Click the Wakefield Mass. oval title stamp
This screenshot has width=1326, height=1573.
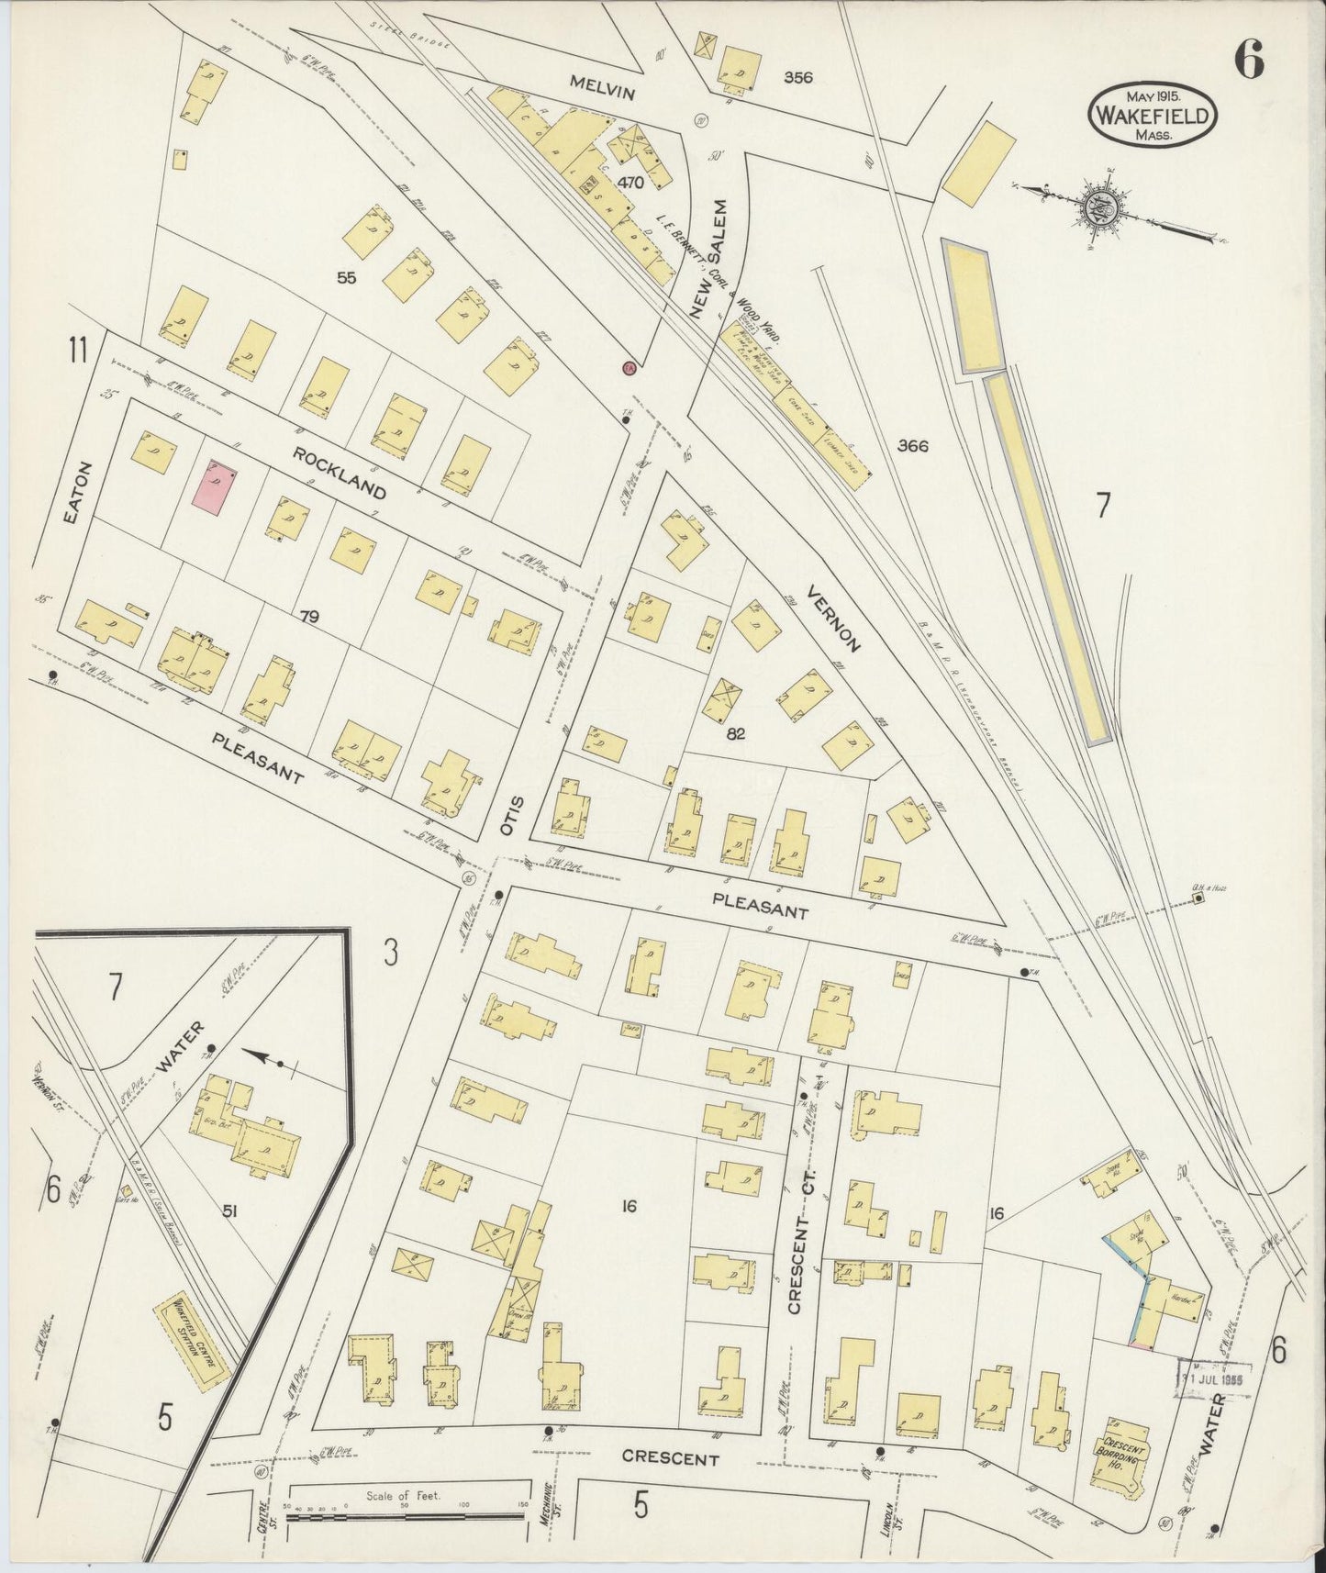click(1153, 114)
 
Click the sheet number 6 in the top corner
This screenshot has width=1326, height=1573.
click(1248, 60)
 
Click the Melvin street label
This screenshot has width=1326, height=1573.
click(602, 92)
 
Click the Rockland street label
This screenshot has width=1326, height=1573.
click(339, 473)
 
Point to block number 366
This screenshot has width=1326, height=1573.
click(913, 447)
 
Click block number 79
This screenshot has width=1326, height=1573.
click(308, 617)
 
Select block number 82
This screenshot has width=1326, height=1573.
click(735, 733)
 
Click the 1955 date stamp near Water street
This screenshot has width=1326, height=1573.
click(1217, 1378)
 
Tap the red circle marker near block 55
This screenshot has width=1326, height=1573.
click(629, 368)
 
